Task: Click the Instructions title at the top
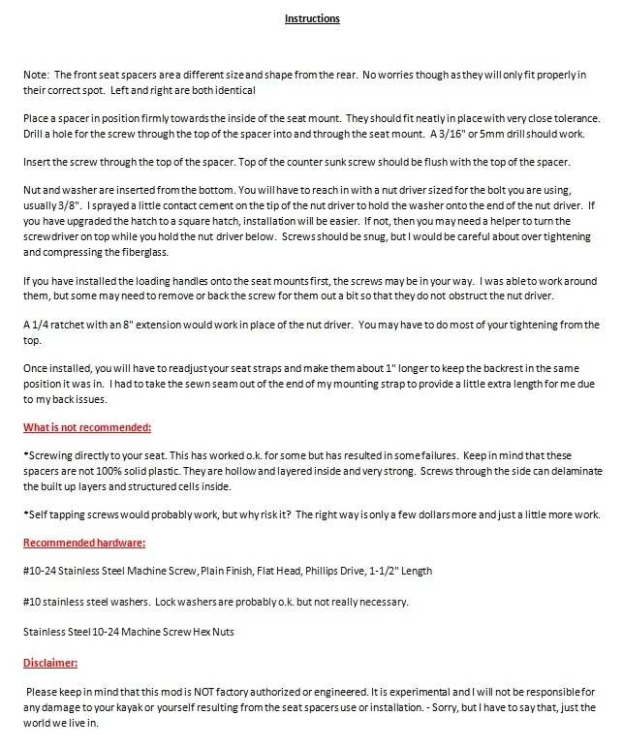click(312, 18)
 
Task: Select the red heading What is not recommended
click(87, 428)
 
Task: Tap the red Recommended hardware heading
click(83, 545)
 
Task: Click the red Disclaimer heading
click(51, 664)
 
